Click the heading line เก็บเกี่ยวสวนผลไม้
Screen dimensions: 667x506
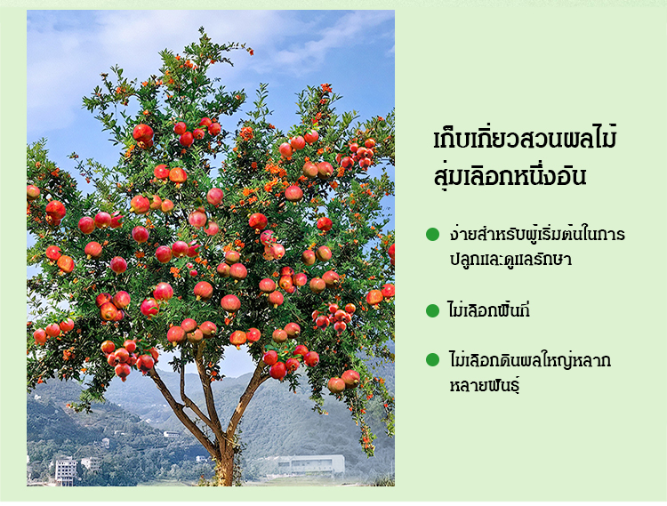[x=525, y=138]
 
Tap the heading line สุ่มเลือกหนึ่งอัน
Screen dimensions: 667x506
[x=510, y=175]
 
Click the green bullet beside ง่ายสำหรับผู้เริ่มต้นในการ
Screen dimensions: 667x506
[x=432, y=234]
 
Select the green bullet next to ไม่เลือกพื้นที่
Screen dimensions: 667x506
[x=432, y=311]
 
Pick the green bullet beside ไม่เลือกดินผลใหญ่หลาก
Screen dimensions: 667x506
[x=432, y=360]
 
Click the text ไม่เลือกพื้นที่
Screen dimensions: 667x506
[x=489, y=310]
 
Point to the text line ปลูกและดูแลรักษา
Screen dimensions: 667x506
[x=510, y=259]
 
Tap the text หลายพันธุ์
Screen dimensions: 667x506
[x=485, y=386]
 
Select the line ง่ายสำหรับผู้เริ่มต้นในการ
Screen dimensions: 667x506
[x=537, y=234]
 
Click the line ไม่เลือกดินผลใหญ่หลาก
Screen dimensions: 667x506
[x=530, y=360]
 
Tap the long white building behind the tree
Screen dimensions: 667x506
[x=311, y=464]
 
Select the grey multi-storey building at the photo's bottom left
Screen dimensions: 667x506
[x=66, y=470]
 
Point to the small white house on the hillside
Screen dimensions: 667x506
[x=171, y=434]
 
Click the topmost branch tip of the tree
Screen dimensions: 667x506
[x=201, y=29]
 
